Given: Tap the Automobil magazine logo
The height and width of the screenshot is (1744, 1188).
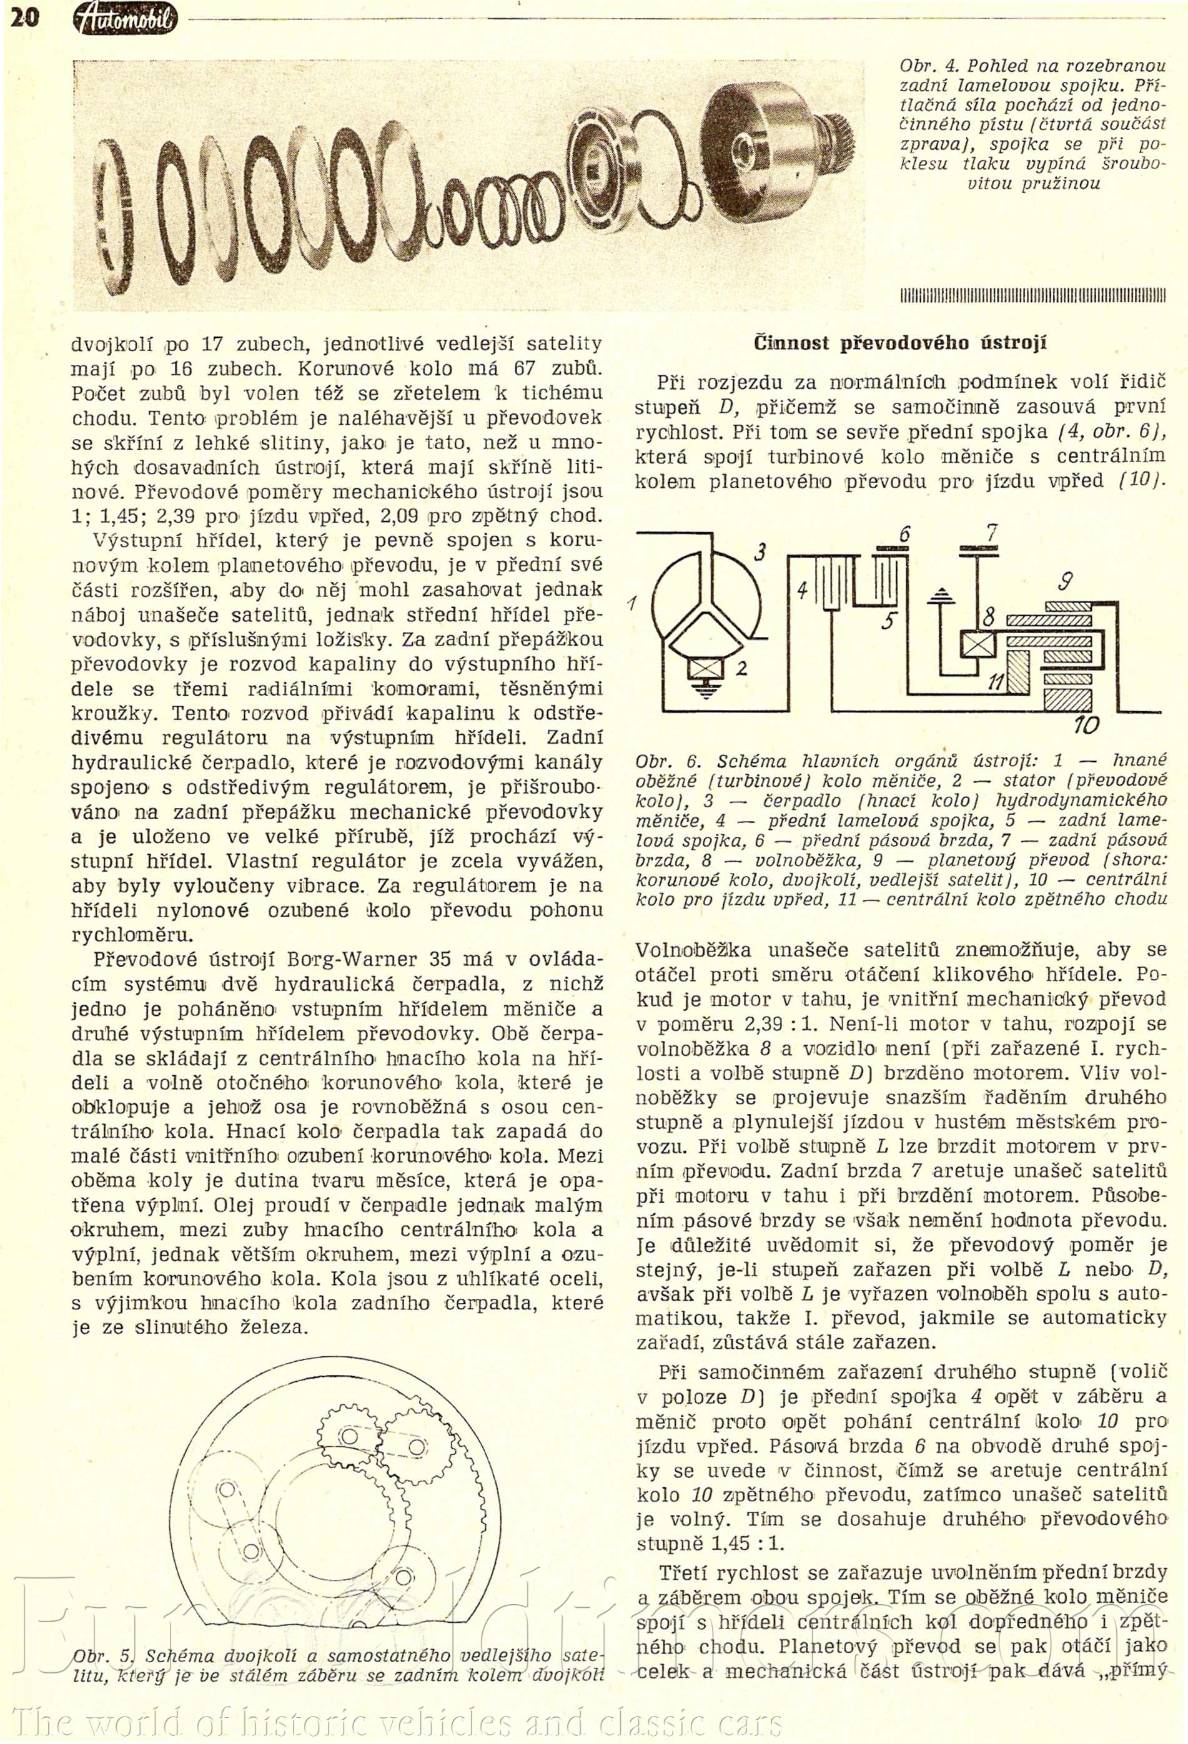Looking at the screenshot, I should [x=126, y=18].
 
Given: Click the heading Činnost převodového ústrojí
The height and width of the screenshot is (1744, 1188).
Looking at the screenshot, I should [x=900, y=343].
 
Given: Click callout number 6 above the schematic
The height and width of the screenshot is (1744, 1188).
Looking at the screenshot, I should [x=904, y=535].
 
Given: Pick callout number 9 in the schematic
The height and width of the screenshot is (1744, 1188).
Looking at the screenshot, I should [x=1064, y=581].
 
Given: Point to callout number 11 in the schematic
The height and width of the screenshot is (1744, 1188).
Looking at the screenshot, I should [x=996, y=681].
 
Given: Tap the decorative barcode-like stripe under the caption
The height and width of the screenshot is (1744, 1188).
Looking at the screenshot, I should [x=1032, y=295].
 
